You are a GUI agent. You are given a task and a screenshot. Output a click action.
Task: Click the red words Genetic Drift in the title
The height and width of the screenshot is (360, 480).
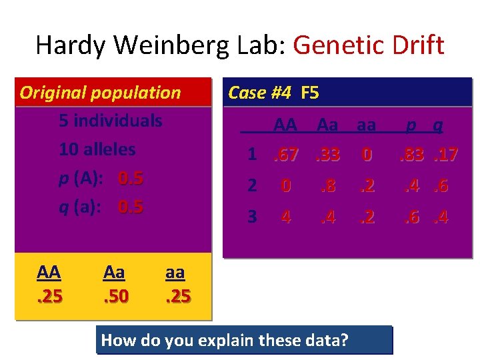click(368, 45)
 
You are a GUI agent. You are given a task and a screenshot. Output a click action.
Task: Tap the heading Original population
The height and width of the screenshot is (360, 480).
click(100, 93)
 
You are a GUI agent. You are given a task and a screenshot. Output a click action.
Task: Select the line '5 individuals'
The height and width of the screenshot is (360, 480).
click(111, 121)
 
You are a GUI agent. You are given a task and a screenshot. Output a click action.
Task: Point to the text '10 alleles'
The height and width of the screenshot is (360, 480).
click(97, 149)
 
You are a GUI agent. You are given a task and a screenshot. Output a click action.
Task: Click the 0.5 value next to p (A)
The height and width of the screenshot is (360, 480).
click(131, 179)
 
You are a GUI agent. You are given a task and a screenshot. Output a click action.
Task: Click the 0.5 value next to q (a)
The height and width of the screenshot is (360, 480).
click(131, 207)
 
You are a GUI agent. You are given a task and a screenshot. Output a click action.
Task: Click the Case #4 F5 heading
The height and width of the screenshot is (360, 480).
click(273, 93)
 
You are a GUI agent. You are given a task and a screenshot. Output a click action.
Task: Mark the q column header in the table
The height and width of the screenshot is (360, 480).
click(438, 125)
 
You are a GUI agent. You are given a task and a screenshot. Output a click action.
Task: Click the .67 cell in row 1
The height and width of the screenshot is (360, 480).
click(286, 155)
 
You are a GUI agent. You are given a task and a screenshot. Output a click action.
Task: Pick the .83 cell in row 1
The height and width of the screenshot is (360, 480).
click(412, 155)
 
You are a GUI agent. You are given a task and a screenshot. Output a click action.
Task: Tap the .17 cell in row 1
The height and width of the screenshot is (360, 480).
click(444, 155)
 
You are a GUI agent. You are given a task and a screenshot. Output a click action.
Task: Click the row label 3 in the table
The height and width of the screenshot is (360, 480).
click(252, 217)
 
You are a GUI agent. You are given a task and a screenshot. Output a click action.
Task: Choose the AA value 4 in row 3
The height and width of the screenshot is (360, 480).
click(286, 217)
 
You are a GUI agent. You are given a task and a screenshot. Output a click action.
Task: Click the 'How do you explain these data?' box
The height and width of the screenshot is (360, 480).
click(244, 340)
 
